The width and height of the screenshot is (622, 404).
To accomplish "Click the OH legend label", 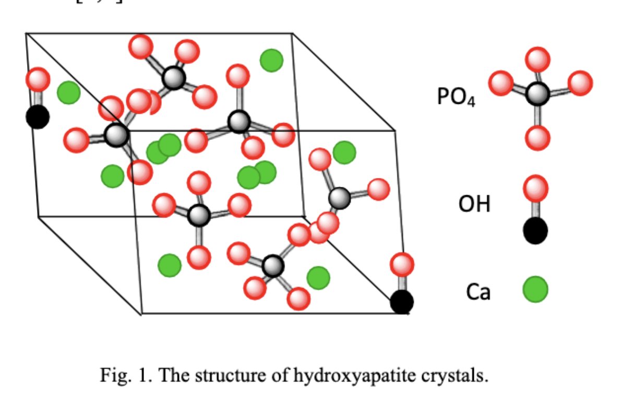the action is (x=474, y=205).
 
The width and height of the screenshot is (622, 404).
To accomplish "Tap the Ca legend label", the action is (x=478, y=292).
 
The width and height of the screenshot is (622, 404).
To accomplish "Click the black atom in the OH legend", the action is (x=535, y=230).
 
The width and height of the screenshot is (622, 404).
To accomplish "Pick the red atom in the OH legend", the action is (x=535, y=188).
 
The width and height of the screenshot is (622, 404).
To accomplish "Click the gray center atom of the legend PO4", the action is (x=537, y=94).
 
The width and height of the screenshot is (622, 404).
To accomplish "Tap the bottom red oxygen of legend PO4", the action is (x=537, y=138).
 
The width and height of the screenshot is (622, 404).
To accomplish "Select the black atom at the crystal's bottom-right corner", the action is (x=402, y=302).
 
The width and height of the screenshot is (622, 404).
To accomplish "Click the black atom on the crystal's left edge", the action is (x=37, y=116).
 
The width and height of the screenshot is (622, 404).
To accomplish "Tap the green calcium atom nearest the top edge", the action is (x=271, y=60).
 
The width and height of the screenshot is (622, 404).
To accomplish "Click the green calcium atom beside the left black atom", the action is (x=68, y=92).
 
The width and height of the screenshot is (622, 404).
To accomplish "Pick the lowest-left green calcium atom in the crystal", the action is (x=169, y=265).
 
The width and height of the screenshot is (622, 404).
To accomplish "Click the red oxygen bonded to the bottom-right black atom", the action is (x=402, y=264).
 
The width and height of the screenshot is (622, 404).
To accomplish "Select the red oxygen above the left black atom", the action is (x=38, y=80).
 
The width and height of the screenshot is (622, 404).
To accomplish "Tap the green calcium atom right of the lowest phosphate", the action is (x=318, y=277).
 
